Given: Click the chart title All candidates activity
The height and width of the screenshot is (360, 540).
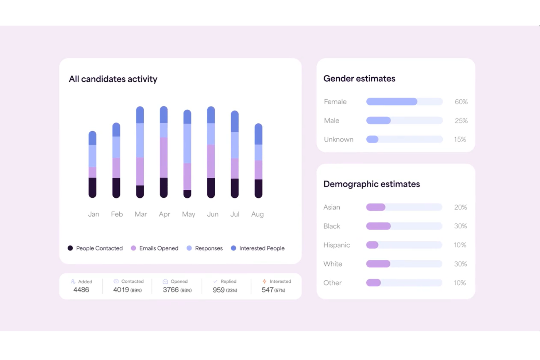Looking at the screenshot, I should click(x=113, y=79).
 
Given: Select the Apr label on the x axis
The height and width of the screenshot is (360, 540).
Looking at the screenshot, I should click(x=164, y=214).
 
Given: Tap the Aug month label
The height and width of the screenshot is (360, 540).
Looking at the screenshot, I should click(x=257, y=214).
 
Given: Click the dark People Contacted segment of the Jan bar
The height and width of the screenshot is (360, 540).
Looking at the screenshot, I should click(x=93, y=187).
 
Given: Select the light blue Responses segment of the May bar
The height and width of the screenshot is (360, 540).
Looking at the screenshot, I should click(x=187, y=143).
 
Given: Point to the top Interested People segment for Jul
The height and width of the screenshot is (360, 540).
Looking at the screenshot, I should click(x=235, y=121).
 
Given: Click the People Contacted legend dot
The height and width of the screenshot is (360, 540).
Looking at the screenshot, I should click(x=70, y=248).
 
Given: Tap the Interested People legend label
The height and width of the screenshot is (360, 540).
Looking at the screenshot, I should click(x=262, y=248).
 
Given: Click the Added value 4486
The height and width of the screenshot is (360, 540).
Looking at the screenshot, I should click(x=81, y=290).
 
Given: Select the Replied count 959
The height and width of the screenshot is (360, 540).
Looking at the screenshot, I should click(x=219, y=290).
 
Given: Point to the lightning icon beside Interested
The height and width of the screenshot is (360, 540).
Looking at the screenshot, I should click(x=265, y=282).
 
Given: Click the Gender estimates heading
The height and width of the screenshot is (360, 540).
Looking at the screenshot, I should click(x=359, y=79).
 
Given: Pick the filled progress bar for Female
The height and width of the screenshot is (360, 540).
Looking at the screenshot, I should click(x=391, y=102).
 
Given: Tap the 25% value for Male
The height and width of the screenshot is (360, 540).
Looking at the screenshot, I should click(x=461, y=121).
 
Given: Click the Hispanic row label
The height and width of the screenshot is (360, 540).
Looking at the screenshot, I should click(x=336, y=245).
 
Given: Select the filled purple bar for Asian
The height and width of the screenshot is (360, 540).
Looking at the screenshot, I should click(x=376, y=207).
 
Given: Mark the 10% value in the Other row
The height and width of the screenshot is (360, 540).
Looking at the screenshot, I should click(x=460, y=283).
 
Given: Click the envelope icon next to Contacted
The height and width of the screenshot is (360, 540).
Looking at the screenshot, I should click(x=116, y=282).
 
